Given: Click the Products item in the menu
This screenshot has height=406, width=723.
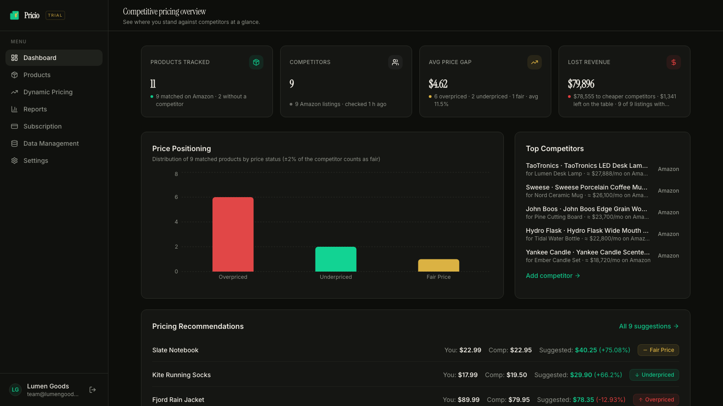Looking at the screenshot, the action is pyautogui.click(x=37, y=75).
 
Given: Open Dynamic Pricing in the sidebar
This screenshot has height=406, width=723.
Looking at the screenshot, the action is pyautogui.click(x=48, y=92).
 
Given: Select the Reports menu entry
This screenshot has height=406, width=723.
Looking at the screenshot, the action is pyautogui.click(x=35, y=109).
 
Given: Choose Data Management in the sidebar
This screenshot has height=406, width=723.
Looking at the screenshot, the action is pyautogui.click(x=51, y=143).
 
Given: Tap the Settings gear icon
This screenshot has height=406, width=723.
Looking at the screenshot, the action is pyautogui.click(x=14, y=161).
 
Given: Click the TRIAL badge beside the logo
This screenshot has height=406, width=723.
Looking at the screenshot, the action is pyautogui.click(x=55, y=15).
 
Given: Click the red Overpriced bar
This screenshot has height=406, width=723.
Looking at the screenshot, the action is pyautogui.click(x=233, y=234).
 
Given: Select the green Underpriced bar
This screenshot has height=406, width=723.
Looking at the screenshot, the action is pyautogui.click(x=336, y=259).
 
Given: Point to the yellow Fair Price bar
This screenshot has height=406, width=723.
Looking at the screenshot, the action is pyautogui.click(x=438, y=265).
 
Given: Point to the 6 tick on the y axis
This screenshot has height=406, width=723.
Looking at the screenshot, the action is pyautogui.click(x=176, y=197).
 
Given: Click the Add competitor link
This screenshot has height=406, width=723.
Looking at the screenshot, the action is pyautogui.click(x=553, y=276).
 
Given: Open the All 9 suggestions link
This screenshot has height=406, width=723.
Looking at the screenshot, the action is pyautogui.click(x=649, y=326).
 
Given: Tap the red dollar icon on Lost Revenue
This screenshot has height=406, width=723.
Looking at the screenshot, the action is pyautogui.click(x=674, y=62).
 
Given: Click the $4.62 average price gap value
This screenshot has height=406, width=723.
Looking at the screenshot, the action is pyautogui.click(x=438, y=84).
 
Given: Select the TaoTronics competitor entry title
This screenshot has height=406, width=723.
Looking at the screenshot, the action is pyautogui.click(x=587, y=166).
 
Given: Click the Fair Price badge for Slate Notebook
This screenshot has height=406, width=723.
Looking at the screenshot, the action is pyautogui.click(x=658, y=350).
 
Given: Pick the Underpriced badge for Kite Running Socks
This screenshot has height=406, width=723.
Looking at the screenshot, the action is pyautogui.click(x=654, y=375).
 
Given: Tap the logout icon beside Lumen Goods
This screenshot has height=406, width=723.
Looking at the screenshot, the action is pyautogui.click(x=93, y=390).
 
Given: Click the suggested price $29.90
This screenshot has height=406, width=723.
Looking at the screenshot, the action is pyautogui.click(x=581, y=375).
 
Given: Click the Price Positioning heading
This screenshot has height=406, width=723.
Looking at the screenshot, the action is pyautogui.click(x=181, y=148).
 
